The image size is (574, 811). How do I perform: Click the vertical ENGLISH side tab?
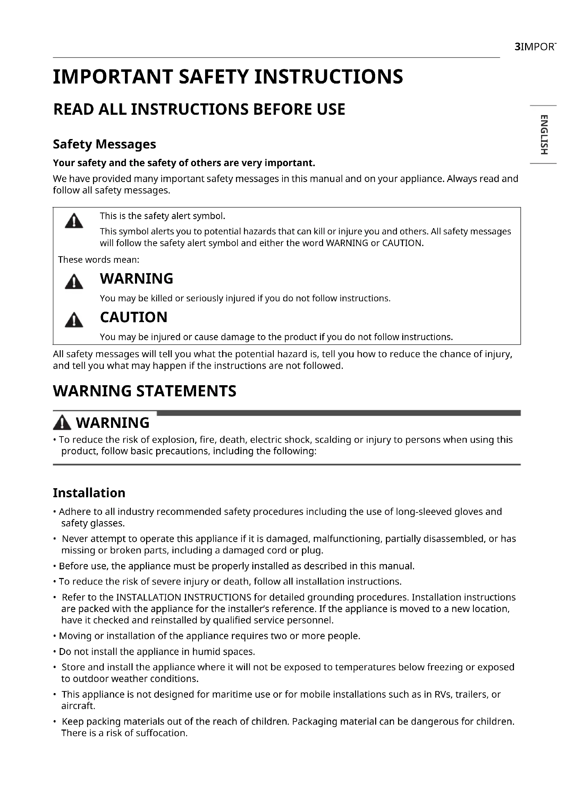[543, 135]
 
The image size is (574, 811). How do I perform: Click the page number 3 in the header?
[517, 47]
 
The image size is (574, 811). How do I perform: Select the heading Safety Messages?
[104, 144]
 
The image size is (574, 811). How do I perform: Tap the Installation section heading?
[89, 493]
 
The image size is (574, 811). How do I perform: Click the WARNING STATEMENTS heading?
[145, 391]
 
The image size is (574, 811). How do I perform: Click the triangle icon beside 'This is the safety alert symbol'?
[74, 222]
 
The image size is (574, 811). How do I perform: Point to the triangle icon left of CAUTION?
[74, 320]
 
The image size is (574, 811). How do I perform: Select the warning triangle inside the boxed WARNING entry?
[74, 282]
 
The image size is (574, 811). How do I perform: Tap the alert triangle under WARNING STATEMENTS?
[62, 423]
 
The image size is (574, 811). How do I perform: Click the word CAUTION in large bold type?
[134, 317]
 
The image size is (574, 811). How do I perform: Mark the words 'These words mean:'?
[99, 260]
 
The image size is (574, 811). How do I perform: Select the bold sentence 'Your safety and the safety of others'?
[184, 163]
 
